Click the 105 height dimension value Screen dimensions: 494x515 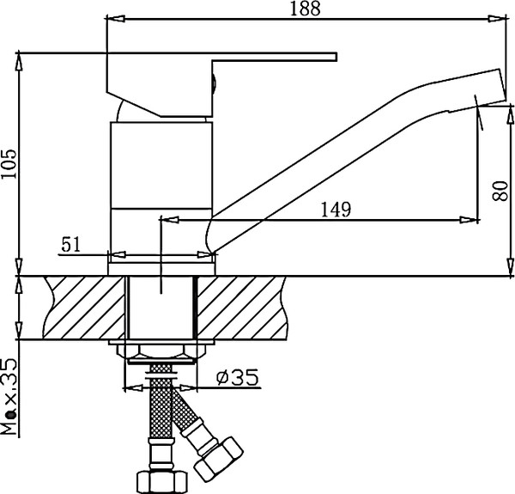pos(9,161)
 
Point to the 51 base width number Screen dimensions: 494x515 pos(71,244)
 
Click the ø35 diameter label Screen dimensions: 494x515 pos(234,377)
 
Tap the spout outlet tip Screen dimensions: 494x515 pos(488,93)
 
